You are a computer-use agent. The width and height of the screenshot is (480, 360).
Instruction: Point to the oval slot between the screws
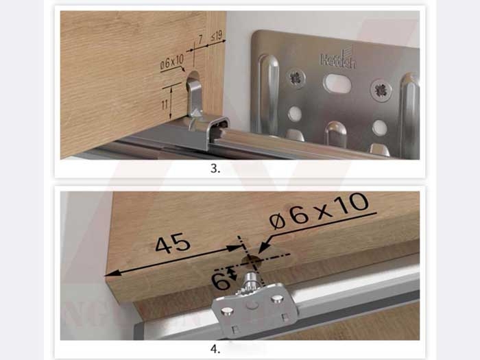click(x=337, y=84)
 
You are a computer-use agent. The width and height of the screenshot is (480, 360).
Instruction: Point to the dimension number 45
click(x=172, y=245)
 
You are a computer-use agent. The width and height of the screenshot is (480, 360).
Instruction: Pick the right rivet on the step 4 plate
click(x=277, y=299)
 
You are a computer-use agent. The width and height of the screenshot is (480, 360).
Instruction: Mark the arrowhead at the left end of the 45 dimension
click(x=110, y=273)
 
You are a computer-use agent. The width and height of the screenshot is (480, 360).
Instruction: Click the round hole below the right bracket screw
click(x=379, y=128)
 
